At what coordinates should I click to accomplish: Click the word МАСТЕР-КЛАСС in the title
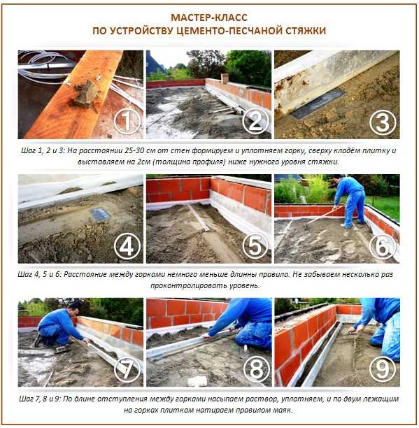209,17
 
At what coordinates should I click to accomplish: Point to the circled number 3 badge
383,122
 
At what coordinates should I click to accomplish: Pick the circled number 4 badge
127,246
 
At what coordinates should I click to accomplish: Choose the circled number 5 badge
255,245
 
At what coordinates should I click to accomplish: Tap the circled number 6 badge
383,246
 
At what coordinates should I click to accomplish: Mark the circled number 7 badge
127,369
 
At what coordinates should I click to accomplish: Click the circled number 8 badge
256,369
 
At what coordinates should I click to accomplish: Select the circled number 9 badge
383,369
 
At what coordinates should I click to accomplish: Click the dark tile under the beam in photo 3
318,104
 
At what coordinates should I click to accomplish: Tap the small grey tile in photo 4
100,214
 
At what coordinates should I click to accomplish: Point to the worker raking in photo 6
350,201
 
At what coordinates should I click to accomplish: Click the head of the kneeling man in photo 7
74,308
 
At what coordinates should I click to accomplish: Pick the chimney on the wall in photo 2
225,78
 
